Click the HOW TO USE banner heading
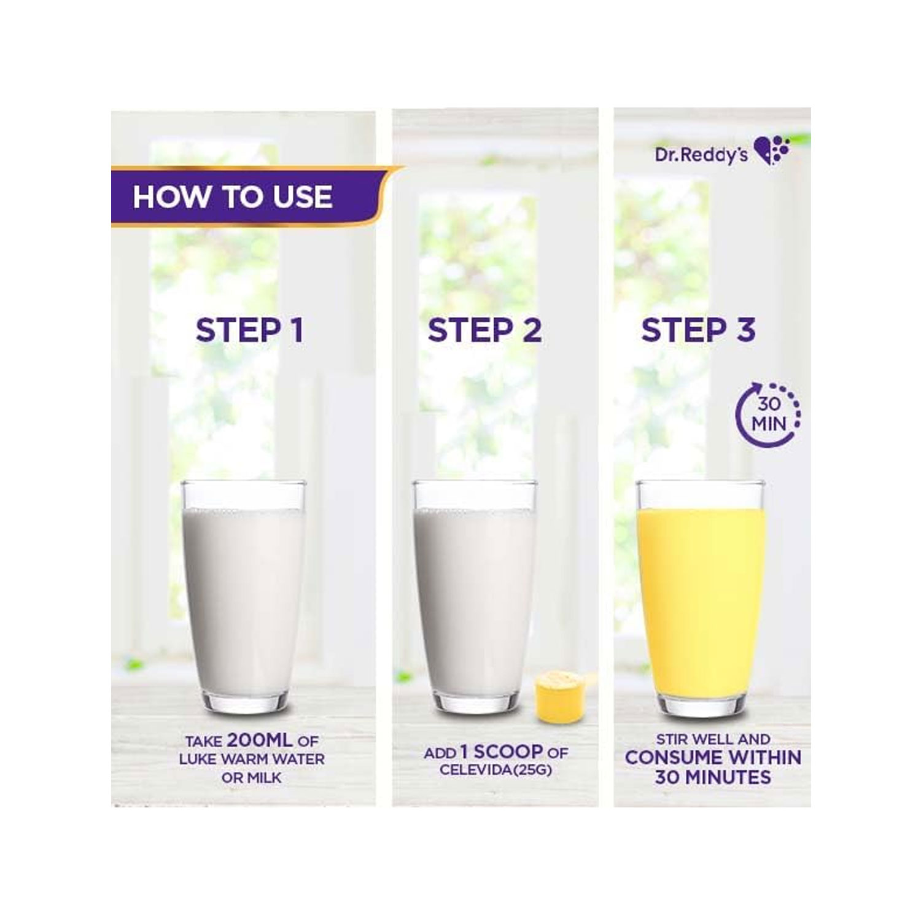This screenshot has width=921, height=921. coord(233,197)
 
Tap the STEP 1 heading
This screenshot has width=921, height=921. coord(250,330)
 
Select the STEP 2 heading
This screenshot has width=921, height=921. coord(485,330)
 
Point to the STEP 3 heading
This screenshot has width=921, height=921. coord(699,330)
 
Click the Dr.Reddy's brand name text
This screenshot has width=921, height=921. coord(701,154)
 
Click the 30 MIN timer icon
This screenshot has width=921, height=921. coord(768,414)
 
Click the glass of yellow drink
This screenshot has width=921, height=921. coord(701,599)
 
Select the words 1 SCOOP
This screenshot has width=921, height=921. coord(501,752)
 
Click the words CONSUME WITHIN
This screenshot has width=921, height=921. coord(713,758)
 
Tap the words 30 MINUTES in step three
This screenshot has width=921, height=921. coord(713,777)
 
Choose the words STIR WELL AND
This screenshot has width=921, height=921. coord(713,739)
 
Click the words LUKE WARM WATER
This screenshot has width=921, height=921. coord(252,760)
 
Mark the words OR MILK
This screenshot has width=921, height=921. coord(252,778)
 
